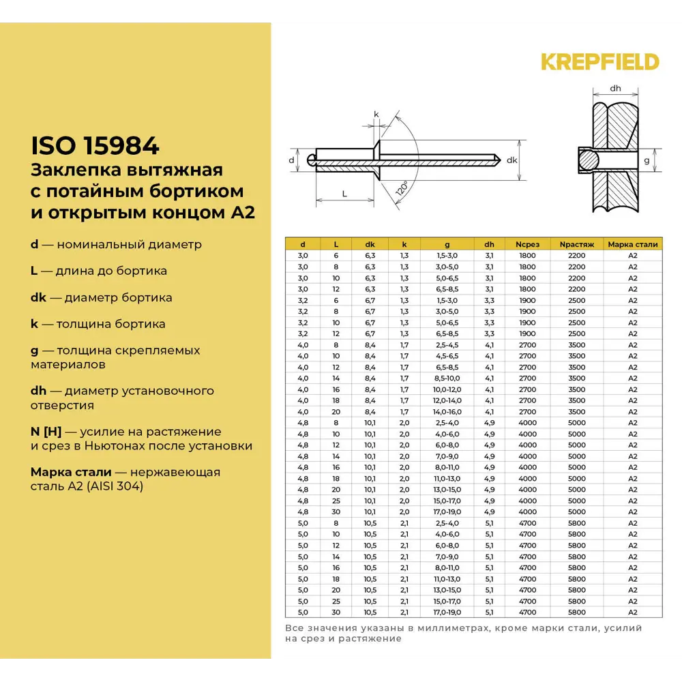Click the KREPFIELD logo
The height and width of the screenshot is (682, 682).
[600, 62]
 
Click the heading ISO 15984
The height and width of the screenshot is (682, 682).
[95, 145]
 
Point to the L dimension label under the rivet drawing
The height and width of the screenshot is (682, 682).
[344, 193]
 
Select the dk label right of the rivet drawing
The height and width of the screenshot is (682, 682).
[512, 160]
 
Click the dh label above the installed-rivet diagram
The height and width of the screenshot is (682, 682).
[614, 89]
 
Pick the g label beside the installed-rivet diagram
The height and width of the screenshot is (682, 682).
[647, 160]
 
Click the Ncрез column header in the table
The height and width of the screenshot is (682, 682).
[527, 243]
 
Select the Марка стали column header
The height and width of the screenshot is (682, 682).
[632, 243]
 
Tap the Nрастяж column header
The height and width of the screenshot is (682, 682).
[576, 243]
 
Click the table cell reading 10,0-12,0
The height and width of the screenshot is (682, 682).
[447, 389]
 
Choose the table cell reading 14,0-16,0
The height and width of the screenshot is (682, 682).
[447, 412]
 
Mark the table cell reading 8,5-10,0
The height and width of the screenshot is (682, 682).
[447, 379]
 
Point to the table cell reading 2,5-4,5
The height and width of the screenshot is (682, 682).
[447, 345]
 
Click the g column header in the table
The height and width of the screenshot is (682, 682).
[447, 243]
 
